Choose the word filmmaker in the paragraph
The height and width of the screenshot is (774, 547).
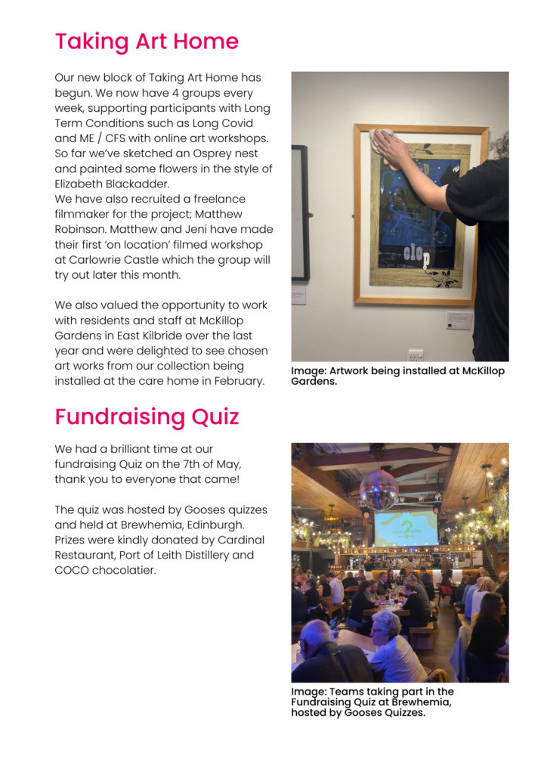tap(84, 214)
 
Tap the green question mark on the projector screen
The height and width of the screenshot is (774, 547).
tap(406, 528)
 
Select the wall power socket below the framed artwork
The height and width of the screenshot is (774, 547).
tap(416, 354)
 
